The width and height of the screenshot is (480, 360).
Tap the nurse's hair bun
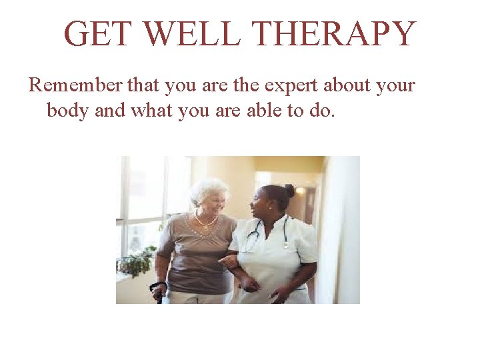[x=290, y=190]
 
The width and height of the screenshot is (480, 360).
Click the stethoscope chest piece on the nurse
[x=285, y=244]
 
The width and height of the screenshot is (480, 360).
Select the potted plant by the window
[x=136, y=261]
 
